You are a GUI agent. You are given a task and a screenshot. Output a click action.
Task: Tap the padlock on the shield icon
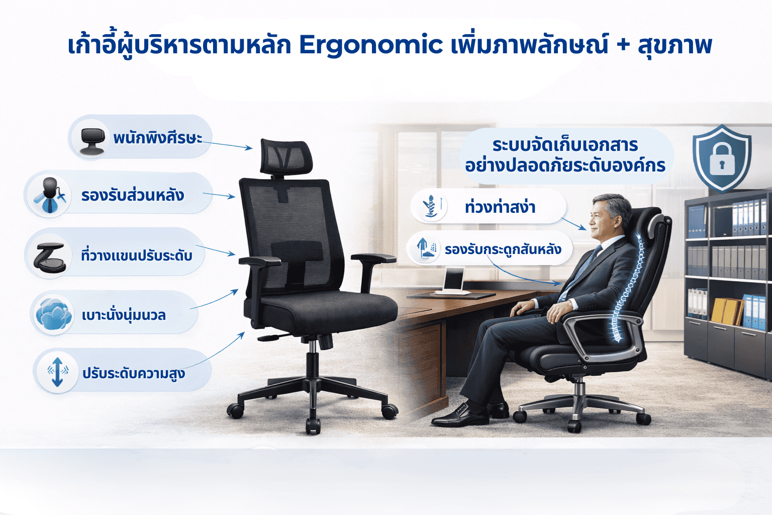pos(722,160)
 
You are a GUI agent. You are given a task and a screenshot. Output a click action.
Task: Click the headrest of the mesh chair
pos(286,156)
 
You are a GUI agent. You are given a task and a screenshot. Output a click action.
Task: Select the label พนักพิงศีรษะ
pos(158,138)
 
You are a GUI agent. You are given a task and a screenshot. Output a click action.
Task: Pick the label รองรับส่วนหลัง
pos(133,195)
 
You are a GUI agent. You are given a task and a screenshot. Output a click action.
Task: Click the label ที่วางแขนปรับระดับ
pos(137,255)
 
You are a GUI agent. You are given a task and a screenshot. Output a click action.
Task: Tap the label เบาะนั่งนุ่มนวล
pos(124,315)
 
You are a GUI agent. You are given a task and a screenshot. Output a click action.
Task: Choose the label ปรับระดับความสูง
pos(134,373)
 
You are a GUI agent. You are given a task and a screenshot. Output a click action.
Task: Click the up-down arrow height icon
pos(58,372)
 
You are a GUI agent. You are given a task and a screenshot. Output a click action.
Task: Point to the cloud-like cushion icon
pos(54,314)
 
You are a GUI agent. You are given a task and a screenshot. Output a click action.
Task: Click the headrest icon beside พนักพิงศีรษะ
pos(92,141)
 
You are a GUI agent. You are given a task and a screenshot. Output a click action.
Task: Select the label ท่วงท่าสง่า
pos(500,207)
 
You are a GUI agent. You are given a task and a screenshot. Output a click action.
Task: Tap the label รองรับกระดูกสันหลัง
pos(503,249)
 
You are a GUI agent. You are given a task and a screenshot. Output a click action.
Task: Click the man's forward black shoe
pos(460,416)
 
